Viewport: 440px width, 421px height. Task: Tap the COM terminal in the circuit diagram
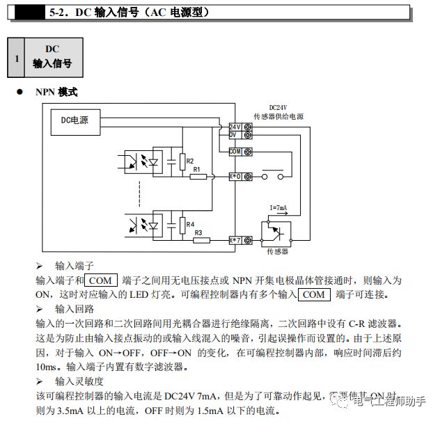click(235, 151)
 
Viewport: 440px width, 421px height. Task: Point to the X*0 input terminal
click(235, 177)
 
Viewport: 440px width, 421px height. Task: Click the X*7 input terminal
click(235, 241)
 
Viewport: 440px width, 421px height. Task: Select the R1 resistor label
click(197, 169)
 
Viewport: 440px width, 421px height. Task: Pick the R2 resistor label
click(190, 161)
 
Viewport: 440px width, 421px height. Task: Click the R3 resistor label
click(198, 232)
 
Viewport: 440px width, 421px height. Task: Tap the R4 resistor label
click(190, 224)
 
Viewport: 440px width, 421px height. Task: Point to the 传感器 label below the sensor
click(277, 251)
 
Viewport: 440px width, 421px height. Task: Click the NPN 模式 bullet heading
click(58, 93)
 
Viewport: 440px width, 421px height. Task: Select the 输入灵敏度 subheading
click(79, 381)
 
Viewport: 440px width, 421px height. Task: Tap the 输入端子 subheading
click(74, 266)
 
